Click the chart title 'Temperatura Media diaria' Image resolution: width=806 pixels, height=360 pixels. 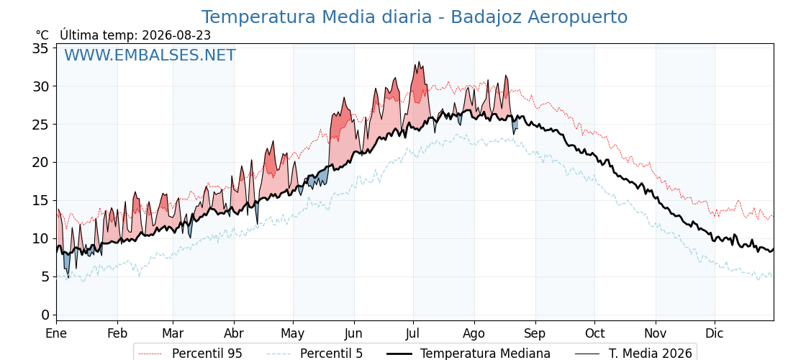point(316,17)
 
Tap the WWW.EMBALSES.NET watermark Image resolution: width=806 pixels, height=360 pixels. point(150,55)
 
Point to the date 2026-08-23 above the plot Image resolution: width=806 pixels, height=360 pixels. point(176,35)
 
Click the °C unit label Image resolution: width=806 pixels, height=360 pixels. point(42,35)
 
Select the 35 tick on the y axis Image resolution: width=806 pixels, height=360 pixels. point(40,48)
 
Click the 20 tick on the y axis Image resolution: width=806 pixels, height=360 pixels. point(40,163)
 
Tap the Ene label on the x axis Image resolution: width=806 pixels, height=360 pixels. point(56,333)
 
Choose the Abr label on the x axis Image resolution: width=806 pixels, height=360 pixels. point(234,333)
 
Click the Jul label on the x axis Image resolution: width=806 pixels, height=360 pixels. point(413,333)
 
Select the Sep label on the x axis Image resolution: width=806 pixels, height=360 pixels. point(535,333)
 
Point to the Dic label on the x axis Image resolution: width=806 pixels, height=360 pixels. point(715,333)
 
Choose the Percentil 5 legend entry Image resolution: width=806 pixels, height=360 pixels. point(315,354)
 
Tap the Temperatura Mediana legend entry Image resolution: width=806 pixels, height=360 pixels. point(468,354)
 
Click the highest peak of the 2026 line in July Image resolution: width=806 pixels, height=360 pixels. point(419,62)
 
